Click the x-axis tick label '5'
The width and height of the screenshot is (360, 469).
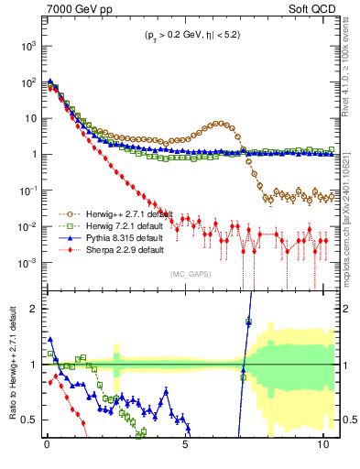[x=185, y=448]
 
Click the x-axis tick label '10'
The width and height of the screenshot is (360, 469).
[x=322, y=448]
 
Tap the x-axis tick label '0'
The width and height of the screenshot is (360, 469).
[x=47, y=448]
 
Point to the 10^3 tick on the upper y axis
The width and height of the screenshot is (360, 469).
[x=28, y=45]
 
